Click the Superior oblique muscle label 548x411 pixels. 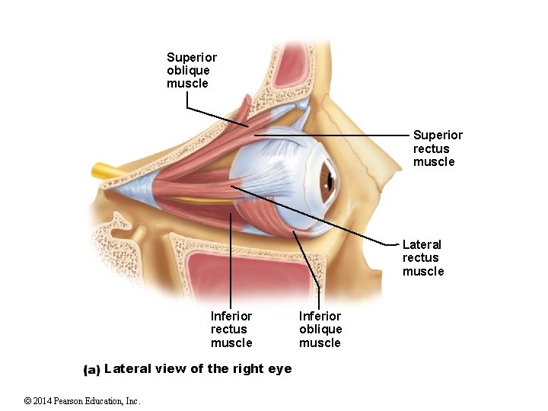(x=192, y=70)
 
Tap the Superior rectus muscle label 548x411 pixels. (x=438, y=148)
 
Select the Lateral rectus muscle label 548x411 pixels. (x=422, y=258)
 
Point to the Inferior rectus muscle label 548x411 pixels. (x=231, y=329)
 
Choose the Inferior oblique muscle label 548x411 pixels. (x=320, y=329)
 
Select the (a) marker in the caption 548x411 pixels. (x=91, y=370)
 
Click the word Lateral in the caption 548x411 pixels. (x=127, y=369)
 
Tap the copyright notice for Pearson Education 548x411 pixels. (x=81, y=401)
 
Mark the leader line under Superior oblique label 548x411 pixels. (x=217, y=116)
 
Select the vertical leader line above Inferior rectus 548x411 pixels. (x=231, y=259)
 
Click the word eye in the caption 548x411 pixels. (x=279, y=369)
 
